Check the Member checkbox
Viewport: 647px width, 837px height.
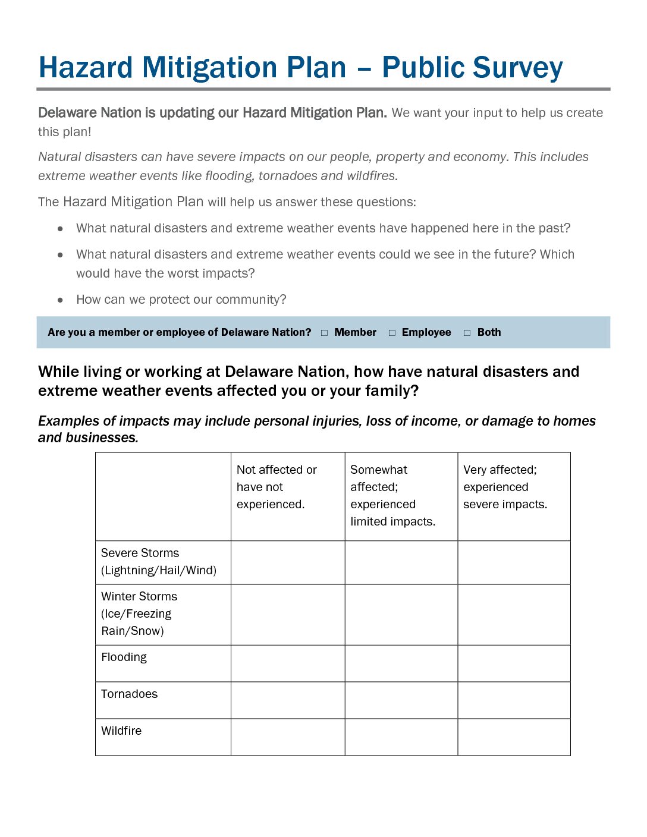[324, 333]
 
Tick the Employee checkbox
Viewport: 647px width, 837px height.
[392, 333]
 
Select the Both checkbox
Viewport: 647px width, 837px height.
[467, 333]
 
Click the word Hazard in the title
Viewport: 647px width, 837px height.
[86, 68]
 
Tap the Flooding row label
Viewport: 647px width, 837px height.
[124, 657]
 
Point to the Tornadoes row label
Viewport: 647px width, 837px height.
[129, 694]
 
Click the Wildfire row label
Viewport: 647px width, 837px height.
[121, 731]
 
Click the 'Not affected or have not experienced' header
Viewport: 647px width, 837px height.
[277, 487]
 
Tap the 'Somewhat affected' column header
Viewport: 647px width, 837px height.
[392, 495]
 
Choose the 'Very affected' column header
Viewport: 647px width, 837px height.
[505, 487]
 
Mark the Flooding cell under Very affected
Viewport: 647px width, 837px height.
[514, 663]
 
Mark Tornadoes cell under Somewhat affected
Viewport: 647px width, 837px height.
[401, 700]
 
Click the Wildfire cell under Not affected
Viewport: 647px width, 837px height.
[288, 737]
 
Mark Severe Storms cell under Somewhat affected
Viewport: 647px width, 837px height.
[401, 562]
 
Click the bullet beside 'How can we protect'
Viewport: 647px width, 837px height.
[60, 300]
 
